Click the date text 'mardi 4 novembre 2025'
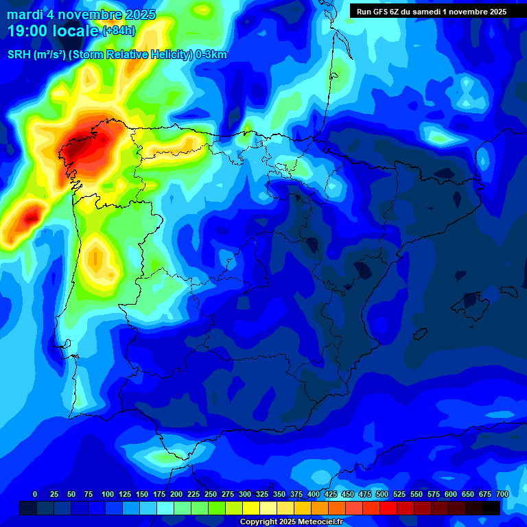81,14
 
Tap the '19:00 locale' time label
53,30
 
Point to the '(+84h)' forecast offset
119,31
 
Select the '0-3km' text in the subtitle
211,55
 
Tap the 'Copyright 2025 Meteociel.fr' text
292,522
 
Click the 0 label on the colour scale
35,494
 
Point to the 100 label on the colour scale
108,494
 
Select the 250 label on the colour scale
211,494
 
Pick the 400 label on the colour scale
314,494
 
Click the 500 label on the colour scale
382,494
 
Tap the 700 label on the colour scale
502,494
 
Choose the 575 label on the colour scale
434,494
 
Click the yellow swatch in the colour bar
250,508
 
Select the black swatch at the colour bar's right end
491,508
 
